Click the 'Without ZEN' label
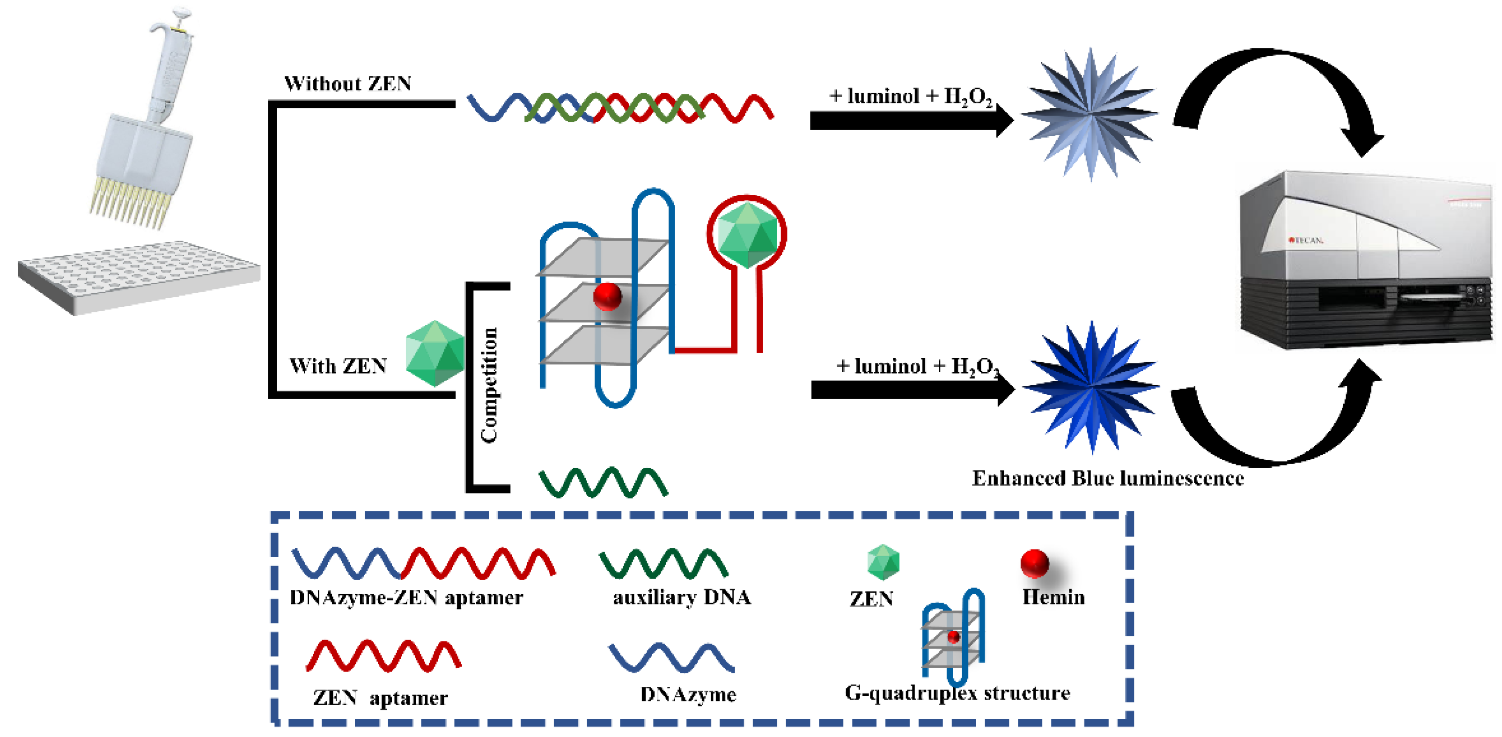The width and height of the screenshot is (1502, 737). click(347, 84)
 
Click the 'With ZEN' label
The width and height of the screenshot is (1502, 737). click(338, 366)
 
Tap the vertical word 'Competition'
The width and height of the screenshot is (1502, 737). click(489, 385)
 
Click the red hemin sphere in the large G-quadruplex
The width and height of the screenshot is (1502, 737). click(607, 296)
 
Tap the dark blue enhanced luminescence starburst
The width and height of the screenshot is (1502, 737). click(1090, 387)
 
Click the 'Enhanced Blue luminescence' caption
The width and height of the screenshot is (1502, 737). click(1107, 479)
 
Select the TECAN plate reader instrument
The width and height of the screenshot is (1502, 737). click(1364, 262)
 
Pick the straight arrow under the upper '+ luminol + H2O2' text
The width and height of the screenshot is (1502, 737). click(910, 121)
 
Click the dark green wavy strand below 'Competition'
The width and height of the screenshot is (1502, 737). click(603, 483)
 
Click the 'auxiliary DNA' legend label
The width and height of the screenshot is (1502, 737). click(681, 597)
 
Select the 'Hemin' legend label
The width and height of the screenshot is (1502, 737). click(1053, 597)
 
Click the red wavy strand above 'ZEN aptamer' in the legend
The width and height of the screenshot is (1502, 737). click(383, 656)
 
